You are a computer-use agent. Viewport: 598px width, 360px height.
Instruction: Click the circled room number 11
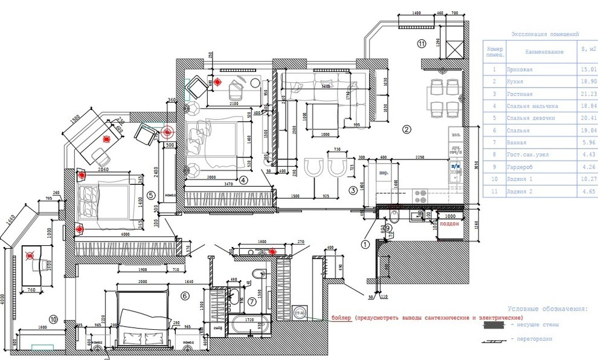422,43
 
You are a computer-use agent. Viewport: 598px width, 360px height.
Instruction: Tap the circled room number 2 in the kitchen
407,129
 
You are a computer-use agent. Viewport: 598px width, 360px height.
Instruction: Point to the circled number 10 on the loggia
54,320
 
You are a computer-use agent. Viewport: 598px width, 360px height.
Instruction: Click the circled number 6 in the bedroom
185,295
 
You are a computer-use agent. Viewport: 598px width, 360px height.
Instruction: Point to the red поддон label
449,223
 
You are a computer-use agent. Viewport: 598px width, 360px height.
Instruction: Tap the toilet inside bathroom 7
260,274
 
